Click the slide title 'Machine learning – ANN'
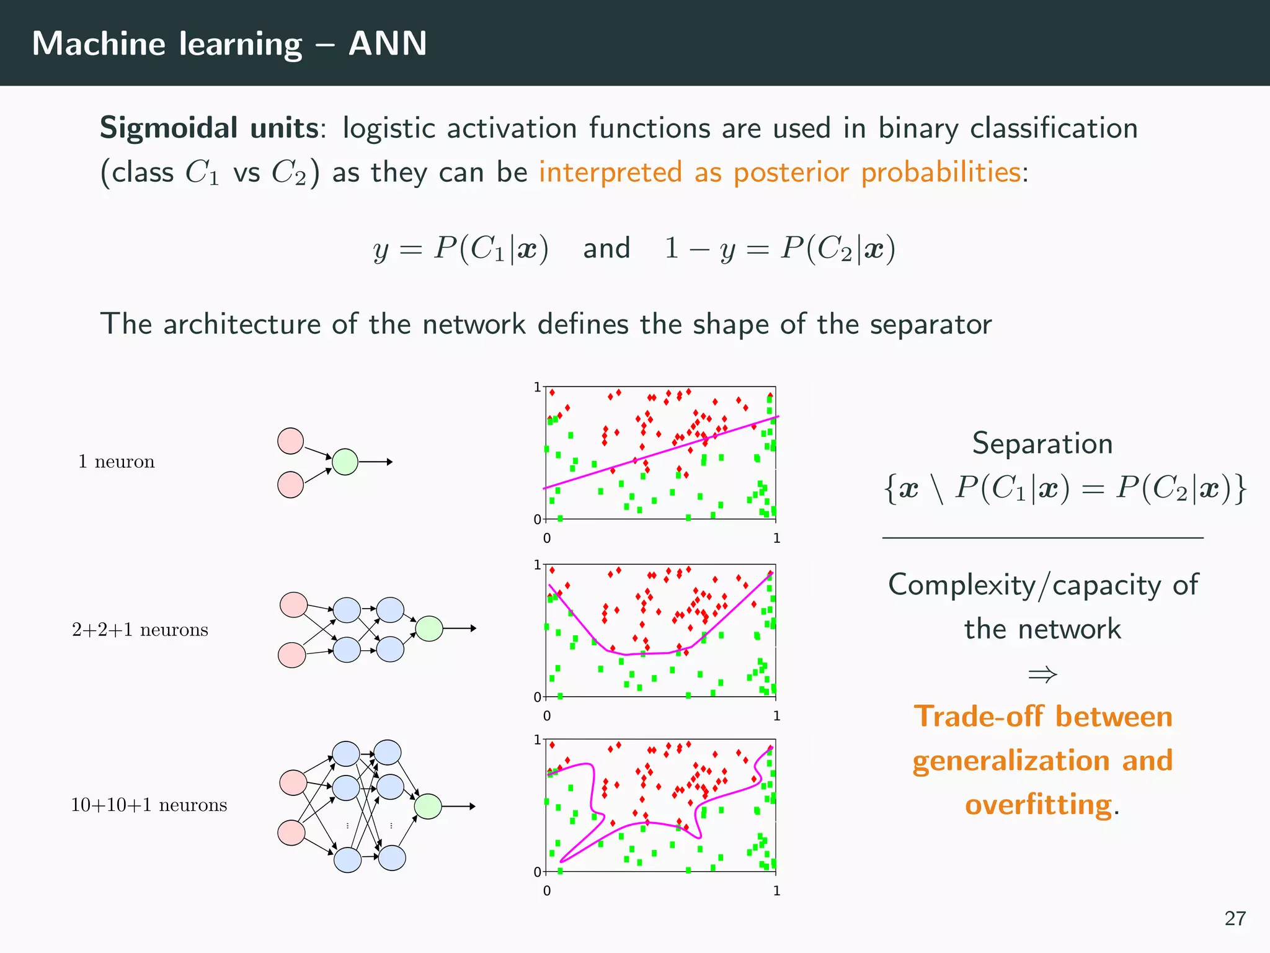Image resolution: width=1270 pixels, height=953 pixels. (229, 43)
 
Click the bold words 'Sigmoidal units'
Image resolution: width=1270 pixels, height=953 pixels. (209, 128)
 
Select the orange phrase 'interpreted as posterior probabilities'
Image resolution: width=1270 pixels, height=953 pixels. (779, 172)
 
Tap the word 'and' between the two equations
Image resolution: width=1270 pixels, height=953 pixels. (606, 248)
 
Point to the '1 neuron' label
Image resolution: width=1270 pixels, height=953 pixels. (116, 462)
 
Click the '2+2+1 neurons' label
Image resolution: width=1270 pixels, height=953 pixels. (140, 630)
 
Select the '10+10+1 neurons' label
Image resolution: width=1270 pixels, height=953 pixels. (149, 805)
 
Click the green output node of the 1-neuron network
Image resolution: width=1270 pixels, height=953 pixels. (345, 462)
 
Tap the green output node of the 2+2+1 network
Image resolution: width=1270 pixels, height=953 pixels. (429, 629)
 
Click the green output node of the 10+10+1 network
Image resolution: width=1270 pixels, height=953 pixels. (427, 807)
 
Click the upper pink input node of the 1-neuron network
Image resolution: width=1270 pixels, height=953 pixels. (290, 441)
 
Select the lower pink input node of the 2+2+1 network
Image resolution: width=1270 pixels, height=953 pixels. (292, 655)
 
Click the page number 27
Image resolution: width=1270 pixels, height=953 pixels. (1235, 918)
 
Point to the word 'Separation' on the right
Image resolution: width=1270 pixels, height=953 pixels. (1042, 444)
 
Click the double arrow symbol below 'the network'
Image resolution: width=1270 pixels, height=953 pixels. (1042, 674)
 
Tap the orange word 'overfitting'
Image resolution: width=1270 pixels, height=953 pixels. (1038, 805)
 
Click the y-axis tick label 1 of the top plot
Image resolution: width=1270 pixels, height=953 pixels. (537, 388)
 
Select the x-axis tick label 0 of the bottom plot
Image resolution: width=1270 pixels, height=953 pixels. (547, 891)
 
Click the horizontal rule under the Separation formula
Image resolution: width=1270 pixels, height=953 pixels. (1042, 538)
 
